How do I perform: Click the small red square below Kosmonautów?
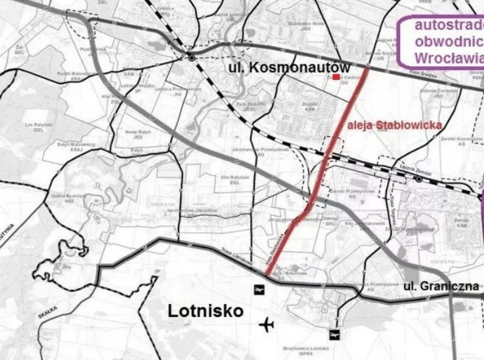[x=336, y=77]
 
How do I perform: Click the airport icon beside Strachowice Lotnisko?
[x=336, y=335]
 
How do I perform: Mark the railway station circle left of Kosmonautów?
[x=192, y=58]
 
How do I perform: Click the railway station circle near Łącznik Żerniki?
[x=419, y=179]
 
